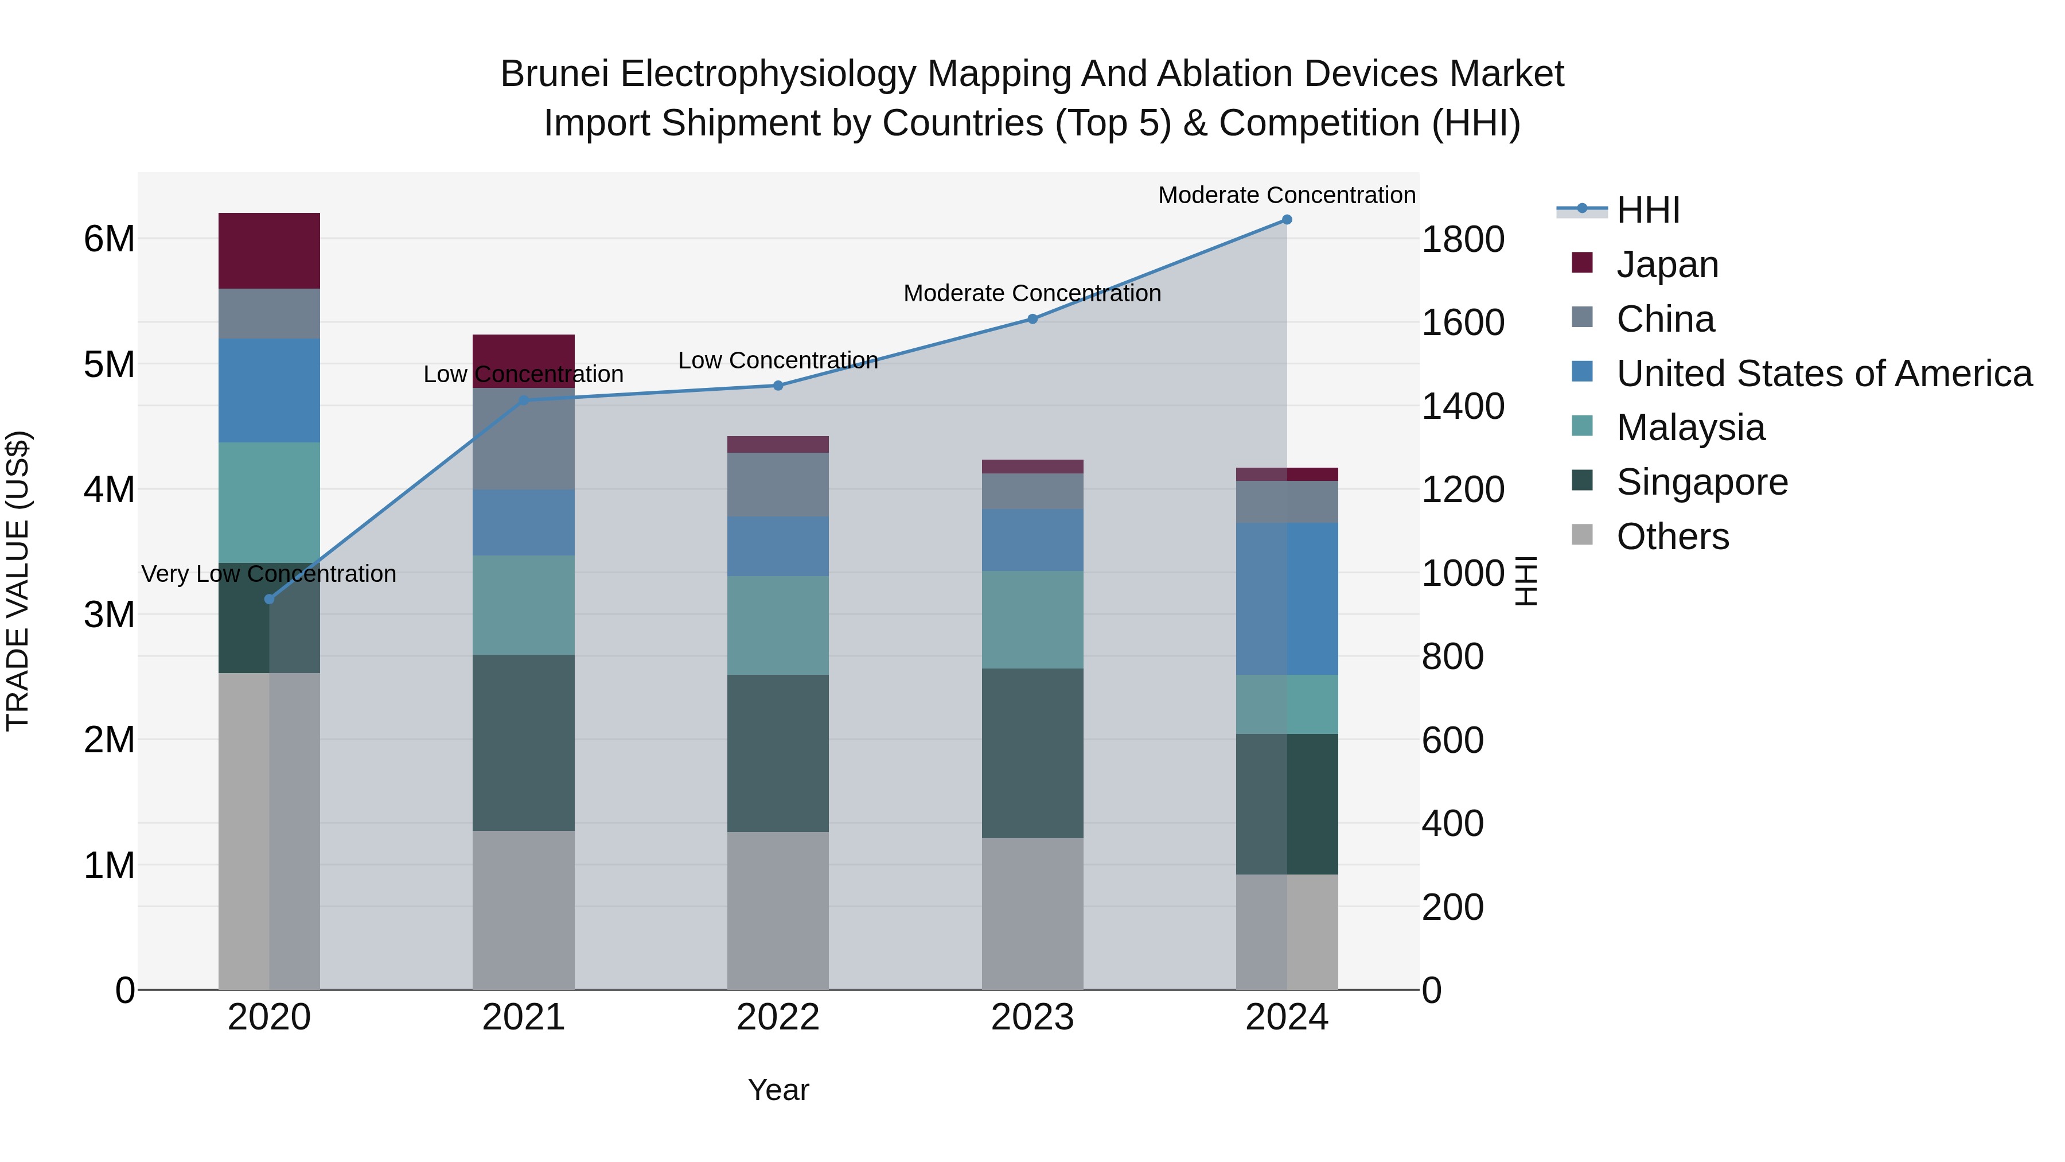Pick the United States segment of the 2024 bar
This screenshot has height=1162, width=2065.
click(1286, 599)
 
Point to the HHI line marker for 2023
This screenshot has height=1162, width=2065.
click(1032, 319)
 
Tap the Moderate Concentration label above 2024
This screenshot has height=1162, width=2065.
click(1286, 195)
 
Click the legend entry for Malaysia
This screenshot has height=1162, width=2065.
click(1690, 428)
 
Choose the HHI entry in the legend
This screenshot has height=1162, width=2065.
click(1647, 210)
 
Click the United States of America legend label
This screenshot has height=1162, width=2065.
click(1824, 374)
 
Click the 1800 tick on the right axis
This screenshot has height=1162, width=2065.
click(1462, 239)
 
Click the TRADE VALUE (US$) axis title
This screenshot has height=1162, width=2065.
click(18, 581)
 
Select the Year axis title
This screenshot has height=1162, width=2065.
click(778, 1090)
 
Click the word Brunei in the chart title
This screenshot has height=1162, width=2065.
click(555, 74)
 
